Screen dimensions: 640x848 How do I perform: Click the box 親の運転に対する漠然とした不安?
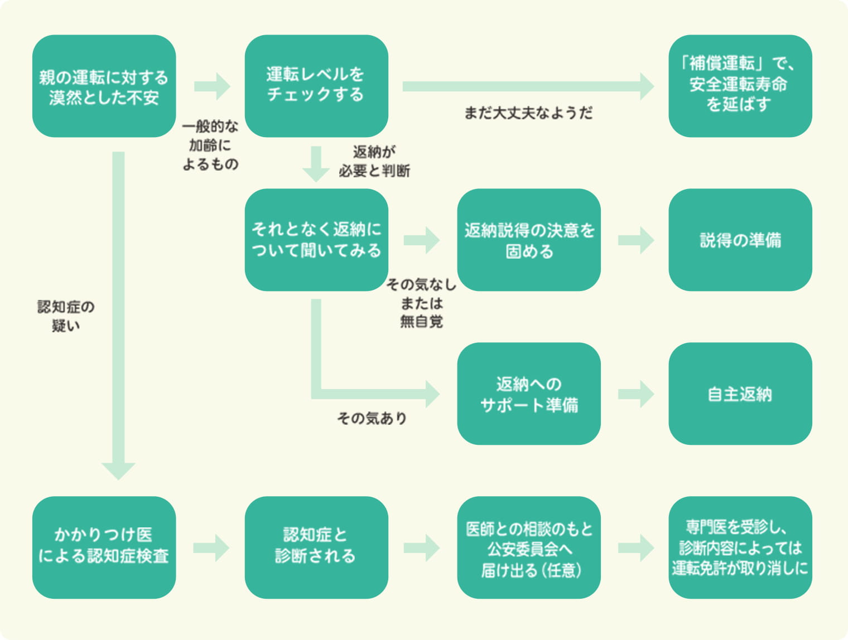point(104,86)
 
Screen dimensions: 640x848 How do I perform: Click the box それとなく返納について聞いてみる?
point(316,240)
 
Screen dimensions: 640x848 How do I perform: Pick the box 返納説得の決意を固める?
point(528,240)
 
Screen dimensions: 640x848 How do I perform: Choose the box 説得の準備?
point(740,240)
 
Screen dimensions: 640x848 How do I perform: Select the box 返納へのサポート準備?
point(528,394)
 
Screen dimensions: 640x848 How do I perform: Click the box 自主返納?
point(740,394)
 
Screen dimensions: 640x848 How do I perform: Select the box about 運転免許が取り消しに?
point(740,547)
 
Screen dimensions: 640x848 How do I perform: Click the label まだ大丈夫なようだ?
point(528,113)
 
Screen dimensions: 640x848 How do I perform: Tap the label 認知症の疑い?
point(66,316)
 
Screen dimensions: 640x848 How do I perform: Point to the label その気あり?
point(372,418)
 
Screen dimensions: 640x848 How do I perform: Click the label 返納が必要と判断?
point(374,161)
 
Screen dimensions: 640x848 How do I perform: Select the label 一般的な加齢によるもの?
point(210,145)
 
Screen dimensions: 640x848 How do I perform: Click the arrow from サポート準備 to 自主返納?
point(635,394)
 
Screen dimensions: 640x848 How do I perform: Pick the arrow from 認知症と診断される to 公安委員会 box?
point(422,547)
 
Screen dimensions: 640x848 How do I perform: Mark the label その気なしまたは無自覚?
point(422,303)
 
